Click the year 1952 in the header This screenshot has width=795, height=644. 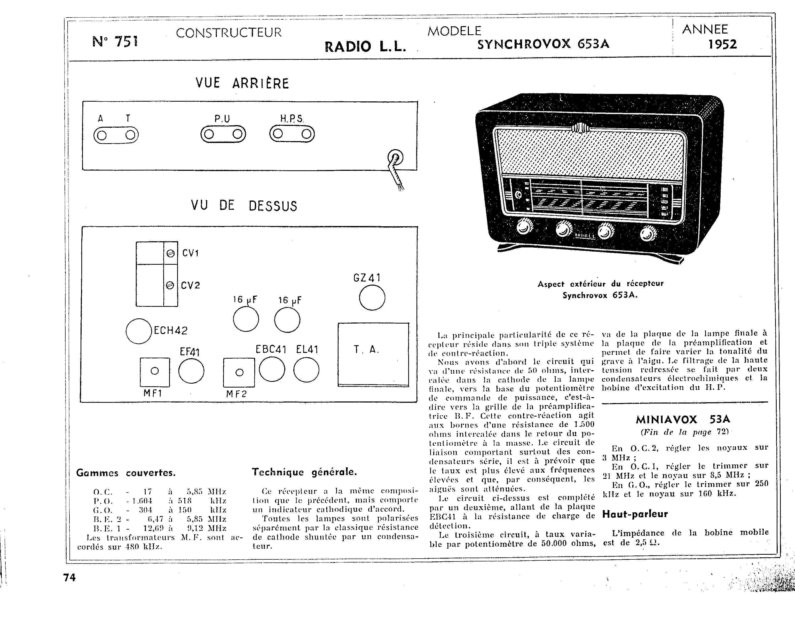click(x=722, y=45)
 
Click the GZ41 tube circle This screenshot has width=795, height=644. click(x=372, y=297)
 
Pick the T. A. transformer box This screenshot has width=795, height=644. click(x=373, y=354)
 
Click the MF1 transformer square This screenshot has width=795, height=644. click(x=155, y=372)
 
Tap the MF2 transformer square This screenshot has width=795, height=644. click(x=239, y=372)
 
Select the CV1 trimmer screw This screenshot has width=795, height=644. click(x=170, y=253)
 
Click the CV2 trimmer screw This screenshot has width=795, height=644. click(x=170, y=285)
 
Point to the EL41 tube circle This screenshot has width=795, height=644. click(x=306, y=369)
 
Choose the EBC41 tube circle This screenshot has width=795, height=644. click(x=272, y=369)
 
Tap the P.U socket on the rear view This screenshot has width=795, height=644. click(x=223, y=134)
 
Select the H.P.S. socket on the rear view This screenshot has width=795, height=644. click(x=292, y=134)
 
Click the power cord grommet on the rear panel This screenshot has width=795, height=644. click(x=395, y=158)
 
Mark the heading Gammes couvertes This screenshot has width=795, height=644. click(x=126, y=473)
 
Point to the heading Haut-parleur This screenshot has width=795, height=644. click(x=635, y=514)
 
